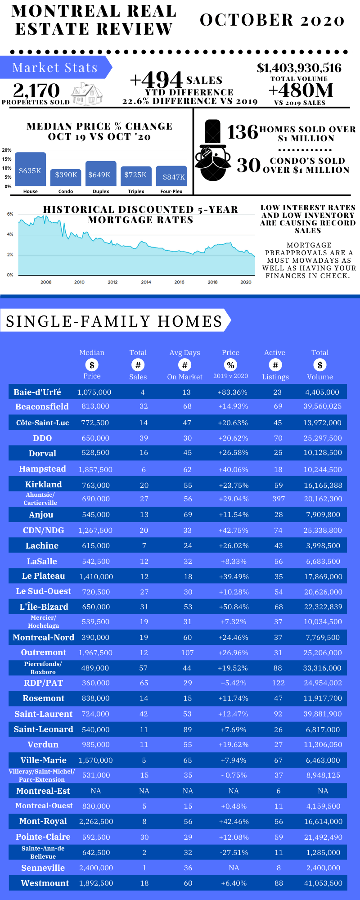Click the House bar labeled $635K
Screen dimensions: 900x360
point(30,170)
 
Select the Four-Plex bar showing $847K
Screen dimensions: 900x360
point(171,176)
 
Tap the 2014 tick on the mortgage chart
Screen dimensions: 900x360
point(146,282)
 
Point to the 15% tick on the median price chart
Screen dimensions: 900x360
point(7,159)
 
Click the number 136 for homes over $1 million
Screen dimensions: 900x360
point(242,132)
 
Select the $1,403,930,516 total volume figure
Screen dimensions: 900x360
point(299,68)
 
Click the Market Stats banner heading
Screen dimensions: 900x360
point(55,67)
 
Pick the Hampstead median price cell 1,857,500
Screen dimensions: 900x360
point(95,469)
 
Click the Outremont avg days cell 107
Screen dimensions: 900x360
point(187,652)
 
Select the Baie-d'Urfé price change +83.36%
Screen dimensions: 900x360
point(233,392)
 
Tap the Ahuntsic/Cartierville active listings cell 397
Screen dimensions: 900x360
point(279,499)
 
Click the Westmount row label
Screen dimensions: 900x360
point(45,883)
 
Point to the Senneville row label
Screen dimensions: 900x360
point(43,868)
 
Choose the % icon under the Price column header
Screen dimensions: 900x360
point(230,365)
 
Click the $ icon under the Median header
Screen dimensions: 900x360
point(92,365)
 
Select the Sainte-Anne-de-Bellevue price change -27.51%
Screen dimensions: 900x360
point(234,852)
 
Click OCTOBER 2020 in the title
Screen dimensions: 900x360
point(272,20)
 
